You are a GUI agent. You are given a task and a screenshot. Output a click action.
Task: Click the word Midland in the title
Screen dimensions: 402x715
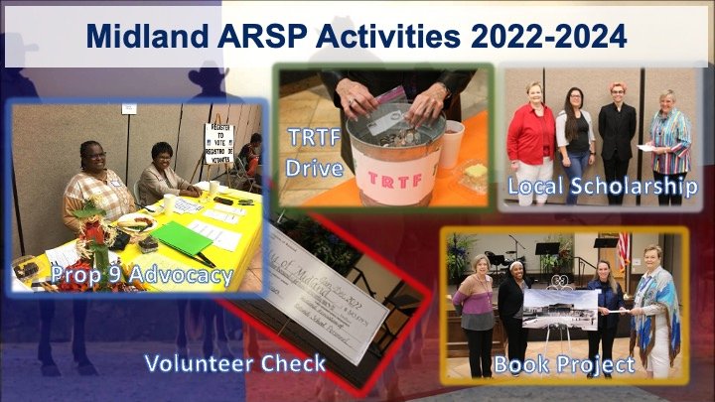pos(139,37)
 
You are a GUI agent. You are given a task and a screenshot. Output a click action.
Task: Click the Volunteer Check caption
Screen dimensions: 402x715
pos(234,363)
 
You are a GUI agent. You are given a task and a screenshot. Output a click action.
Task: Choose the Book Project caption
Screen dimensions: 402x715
pos(564,364)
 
